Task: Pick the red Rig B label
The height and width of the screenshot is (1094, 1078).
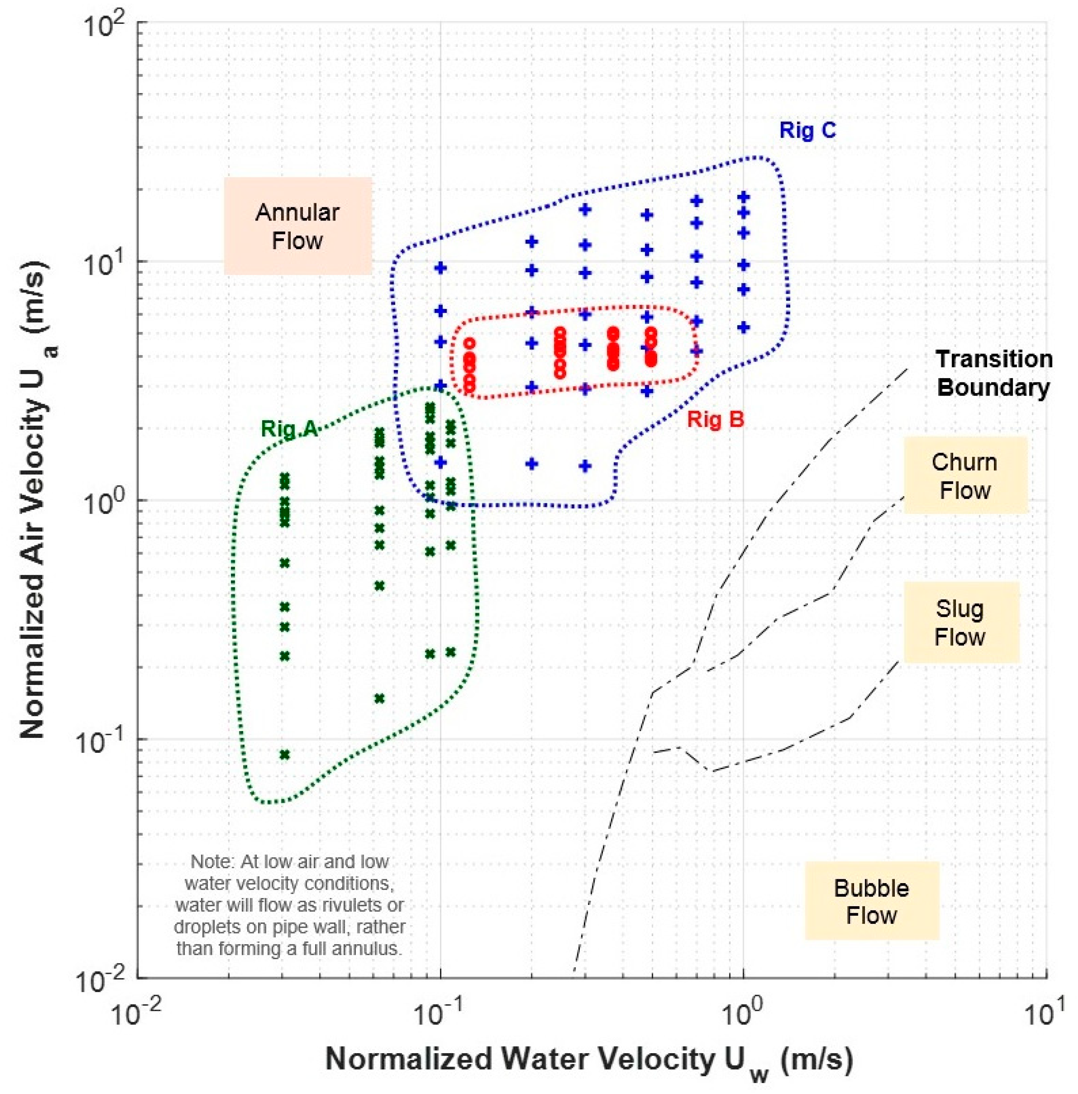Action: pyautogui.click(x=715, y=420)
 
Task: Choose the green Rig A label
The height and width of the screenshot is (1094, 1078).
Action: pyautogui.click(x=288, y=429)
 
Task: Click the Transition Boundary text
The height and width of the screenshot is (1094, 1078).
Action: pyautogui.click(x=993, y=374)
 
